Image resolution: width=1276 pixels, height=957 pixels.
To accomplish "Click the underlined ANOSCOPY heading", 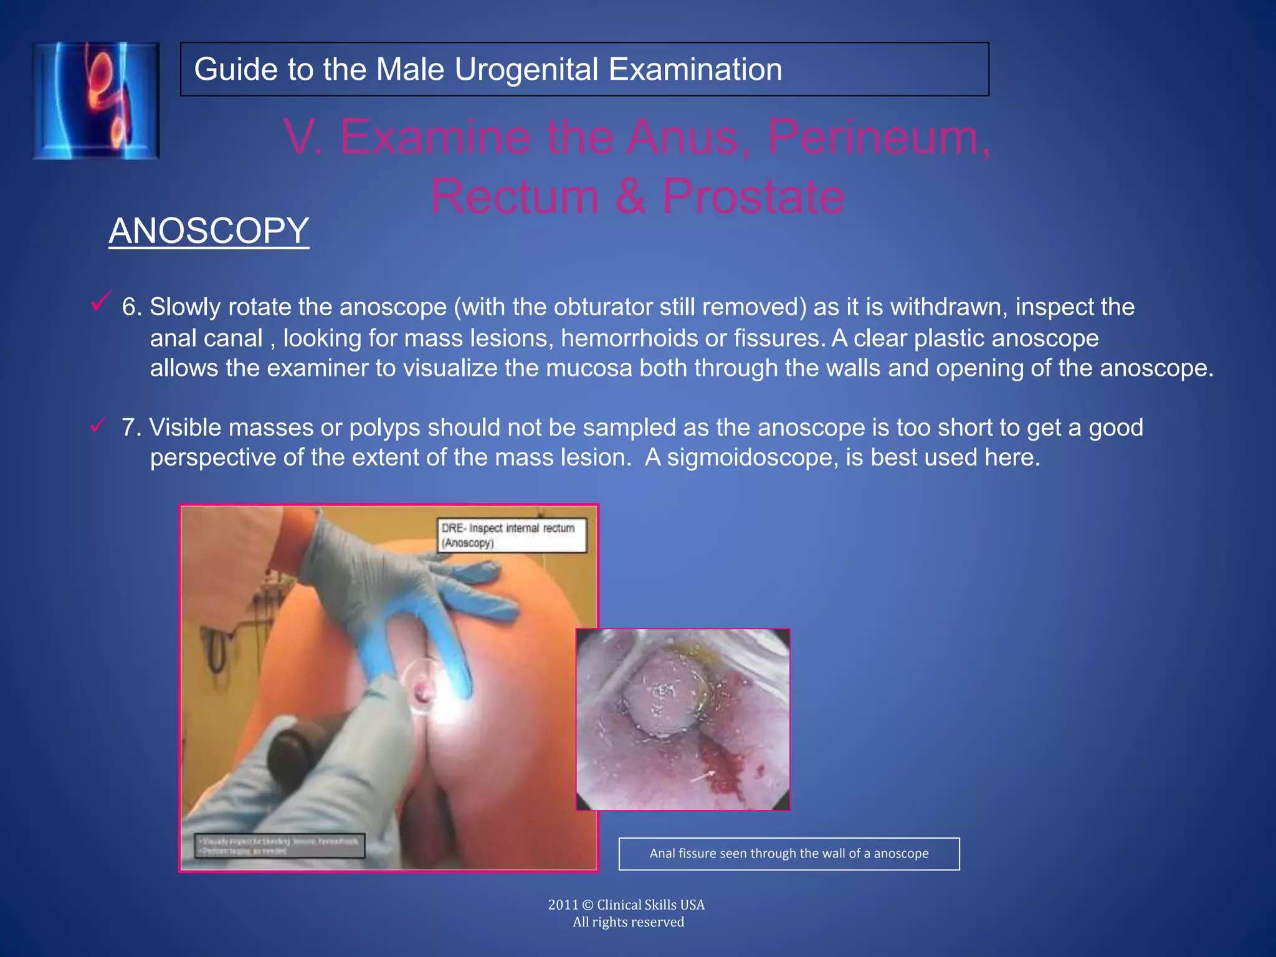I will (x=209, y=231).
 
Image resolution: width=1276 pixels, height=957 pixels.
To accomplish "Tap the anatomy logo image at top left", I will (x=96, y=100).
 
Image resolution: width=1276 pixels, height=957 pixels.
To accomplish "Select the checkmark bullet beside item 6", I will (x=100, y=302).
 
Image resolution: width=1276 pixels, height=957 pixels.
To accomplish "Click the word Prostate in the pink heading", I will (x=753, y=196).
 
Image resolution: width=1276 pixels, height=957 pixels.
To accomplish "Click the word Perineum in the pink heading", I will (x=878, y=137).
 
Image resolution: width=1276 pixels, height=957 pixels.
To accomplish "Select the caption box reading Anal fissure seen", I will (x=789, y=854).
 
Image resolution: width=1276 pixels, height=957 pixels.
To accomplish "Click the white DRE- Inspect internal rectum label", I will (x=512, y=535).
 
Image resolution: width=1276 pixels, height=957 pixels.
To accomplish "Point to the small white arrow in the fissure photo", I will (x=703, y=776).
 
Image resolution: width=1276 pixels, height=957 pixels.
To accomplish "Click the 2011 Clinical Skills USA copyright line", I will (x=626, y=905).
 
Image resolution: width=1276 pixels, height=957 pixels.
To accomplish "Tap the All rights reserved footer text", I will (x=628, y=922).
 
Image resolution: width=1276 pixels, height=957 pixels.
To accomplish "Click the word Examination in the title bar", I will (x=695, y=69).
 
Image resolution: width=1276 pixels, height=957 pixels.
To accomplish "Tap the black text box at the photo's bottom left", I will (x=279, y=845).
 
